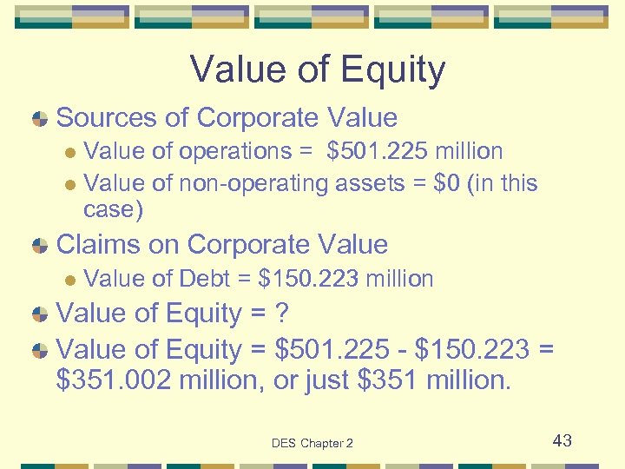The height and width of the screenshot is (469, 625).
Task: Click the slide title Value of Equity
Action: coord(317,70)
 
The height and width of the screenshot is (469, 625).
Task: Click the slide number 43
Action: coord(562,440)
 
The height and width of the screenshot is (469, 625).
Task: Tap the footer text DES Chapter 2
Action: coord(312,443)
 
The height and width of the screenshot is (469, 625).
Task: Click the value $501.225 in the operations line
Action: coord(374,151)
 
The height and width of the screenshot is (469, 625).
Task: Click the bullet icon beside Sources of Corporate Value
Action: coord(38,119)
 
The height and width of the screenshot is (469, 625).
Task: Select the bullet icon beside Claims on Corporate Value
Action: coord(38,246)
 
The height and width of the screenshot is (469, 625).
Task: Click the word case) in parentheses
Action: coord(113,209)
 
